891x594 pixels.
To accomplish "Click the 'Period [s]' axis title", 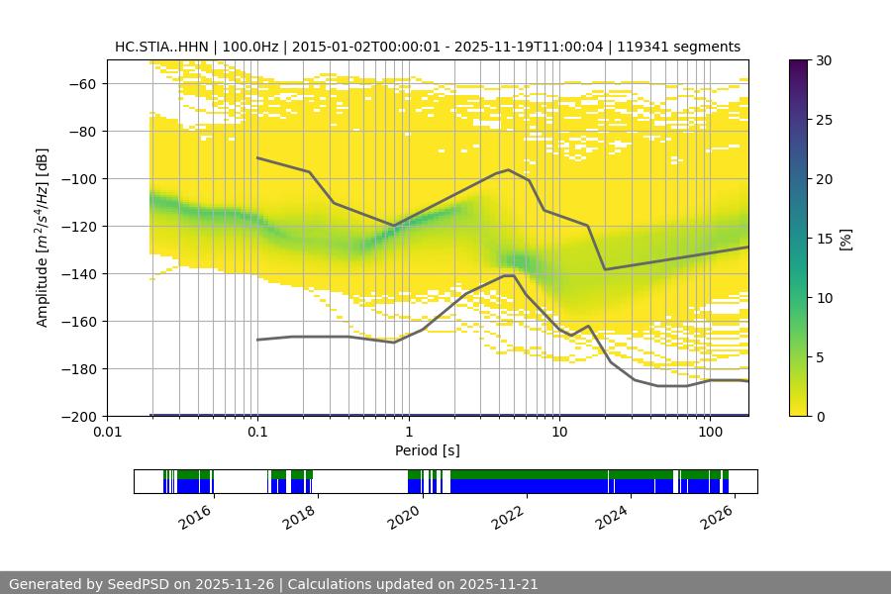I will pyautogui.click(x=428, y=451).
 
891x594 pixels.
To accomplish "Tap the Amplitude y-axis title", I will pyautogui.click(x=42, y=238).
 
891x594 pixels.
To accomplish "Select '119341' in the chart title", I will pyautogui.click(x=655, y=47).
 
